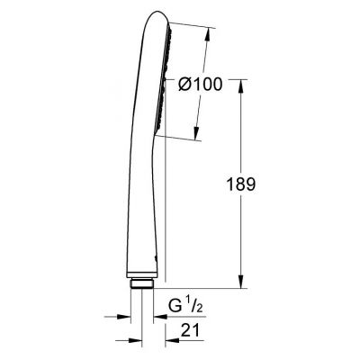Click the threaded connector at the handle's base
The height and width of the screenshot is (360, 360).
pos(141,284)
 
